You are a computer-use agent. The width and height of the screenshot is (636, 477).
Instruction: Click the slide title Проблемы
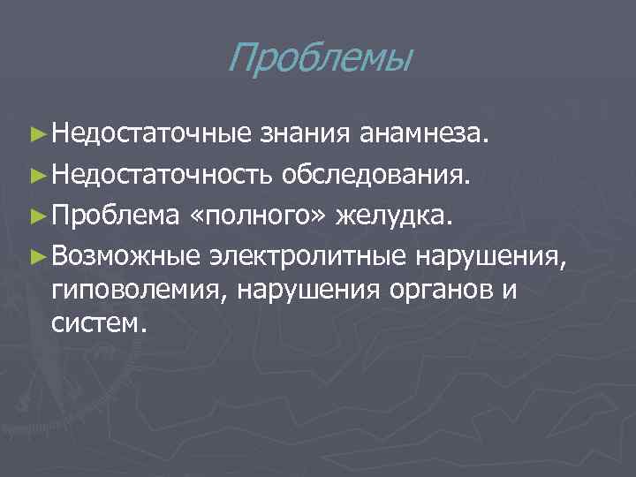[319, 60]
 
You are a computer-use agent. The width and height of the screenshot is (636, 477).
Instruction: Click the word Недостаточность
[162, 175]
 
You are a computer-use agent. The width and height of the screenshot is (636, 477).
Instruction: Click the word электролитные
[308, 255]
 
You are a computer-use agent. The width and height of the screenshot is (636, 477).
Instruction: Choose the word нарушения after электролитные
[490, 255]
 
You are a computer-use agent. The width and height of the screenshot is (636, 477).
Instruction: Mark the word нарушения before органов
[299, 288]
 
